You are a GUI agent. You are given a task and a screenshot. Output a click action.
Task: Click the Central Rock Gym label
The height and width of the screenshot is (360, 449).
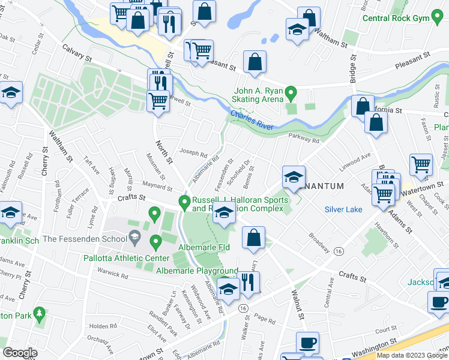point(405,18)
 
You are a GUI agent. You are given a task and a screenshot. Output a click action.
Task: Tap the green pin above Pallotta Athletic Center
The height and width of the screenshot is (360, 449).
point(156,243)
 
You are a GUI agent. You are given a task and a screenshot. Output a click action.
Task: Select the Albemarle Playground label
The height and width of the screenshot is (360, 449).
point(197,271)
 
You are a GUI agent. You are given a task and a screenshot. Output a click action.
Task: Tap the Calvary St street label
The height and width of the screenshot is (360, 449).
point(77,59)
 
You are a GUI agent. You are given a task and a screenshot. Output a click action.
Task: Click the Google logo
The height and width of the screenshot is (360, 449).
point(20,353)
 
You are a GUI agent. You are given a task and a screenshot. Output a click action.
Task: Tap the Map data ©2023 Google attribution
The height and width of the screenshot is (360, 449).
point(411,355)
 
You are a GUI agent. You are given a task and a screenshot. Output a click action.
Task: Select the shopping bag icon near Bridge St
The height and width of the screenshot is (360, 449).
point(363,106)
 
